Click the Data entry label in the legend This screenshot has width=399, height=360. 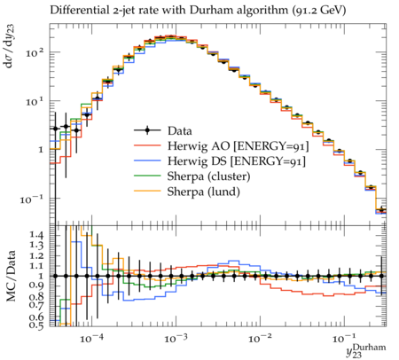tap(180, 130)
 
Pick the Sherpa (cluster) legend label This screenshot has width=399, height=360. tap(208, 176)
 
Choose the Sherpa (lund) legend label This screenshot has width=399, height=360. tap(204, 192)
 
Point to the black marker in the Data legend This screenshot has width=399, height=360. tap(147, 130)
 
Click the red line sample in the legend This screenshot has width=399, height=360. tap(147, 145)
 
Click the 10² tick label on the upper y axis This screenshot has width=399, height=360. tap(35, 52)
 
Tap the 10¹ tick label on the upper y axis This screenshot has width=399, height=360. tap(35, 101)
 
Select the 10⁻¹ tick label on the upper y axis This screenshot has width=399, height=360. tap(32, 200)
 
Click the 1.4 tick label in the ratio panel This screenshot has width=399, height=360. tap(36, 235)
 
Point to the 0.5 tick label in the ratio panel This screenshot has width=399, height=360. tap(36, 325)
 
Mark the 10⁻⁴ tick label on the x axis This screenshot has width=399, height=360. tap(92, 338)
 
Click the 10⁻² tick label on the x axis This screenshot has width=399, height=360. tap(261, 338)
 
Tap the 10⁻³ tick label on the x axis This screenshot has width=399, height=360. tap(176, 338)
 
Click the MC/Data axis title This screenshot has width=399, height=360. tap(11, 276)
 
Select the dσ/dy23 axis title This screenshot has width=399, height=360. tap(11, 46)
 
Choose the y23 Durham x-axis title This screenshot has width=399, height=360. tap(366, 351)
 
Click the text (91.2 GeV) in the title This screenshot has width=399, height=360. tap(318, 10)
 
